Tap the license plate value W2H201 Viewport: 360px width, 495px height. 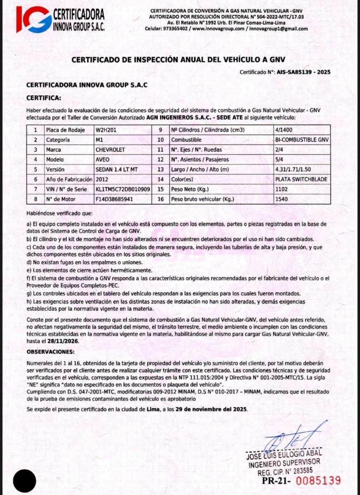click(106, 130)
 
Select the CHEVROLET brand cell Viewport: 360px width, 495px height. click(110, 150)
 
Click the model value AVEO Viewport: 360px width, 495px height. click(103, 160)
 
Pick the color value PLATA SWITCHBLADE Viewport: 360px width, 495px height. click(302, 179)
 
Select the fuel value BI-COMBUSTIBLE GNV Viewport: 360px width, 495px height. click(302, 140)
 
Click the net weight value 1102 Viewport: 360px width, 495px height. click(281, 189)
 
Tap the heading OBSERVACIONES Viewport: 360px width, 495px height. click(50, 351)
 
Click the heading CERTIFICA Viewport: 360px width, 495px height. click(43, 98)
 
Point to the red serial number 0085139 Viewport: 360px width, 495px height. click(319, 481)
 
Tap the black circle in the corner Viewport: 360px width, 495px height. click(25, 481)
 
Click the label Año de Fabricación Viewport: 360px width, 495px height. click(69, 179)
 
